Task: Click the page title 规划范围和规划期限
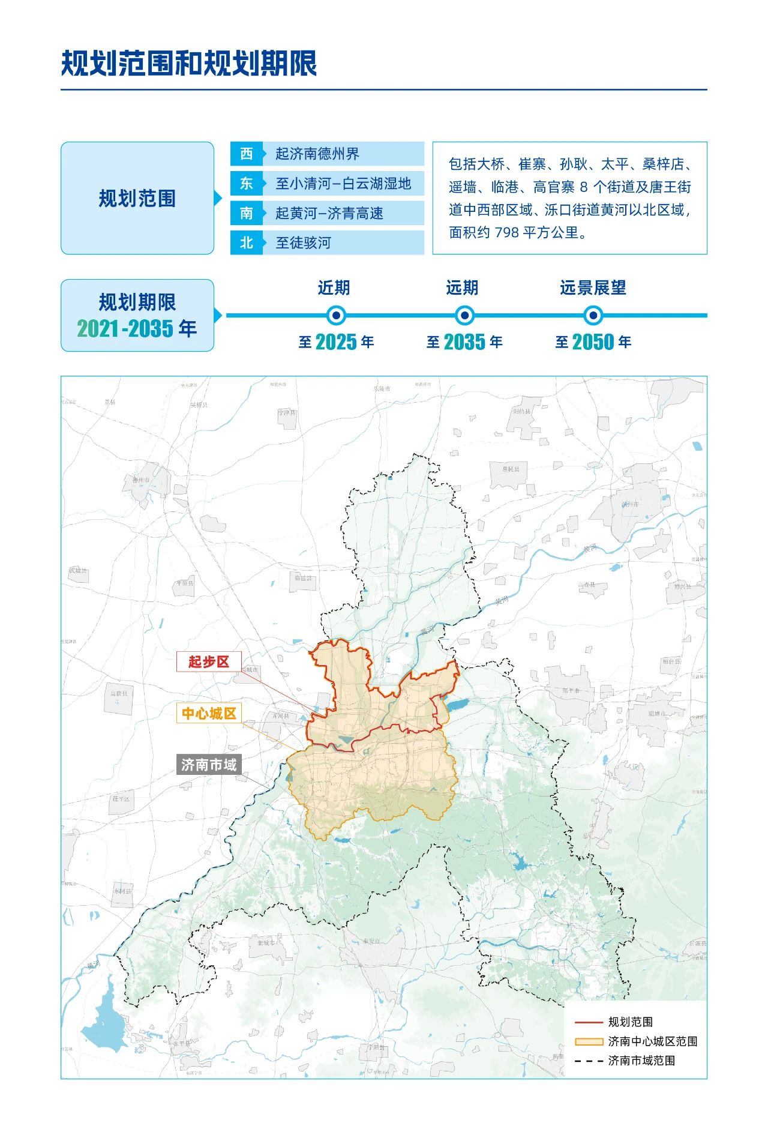point(189,64)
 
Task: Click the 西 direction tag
point(247,154)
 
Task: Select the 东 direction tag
point(247,183)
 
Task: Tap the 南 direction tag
point(247,213)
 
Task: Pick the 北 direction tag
point(247,242)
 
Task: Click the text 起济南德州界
point(317,154)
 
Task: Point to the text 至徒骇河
point(303,242)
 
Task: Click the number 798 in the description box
point(507,232)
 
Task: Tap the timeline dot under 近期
point(337,315)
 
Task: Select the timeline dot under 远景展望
point(593,315)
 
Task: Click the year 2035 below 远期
point(464,342)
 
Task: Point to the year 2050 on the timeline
point(593,342)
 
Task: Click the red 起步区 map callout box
point(209,661)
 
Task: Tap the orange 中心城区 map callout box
point(209,713)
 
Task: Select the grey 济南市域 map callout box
point(209,765)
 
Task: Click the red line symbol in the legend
point(588,1022)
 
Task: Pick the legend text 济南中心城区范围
point(653,1041)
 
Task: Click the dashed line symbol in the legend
point(588,1061)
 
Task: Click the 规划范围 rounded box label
point(137,198)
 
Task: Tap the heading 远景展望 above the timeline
point(593,288)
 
